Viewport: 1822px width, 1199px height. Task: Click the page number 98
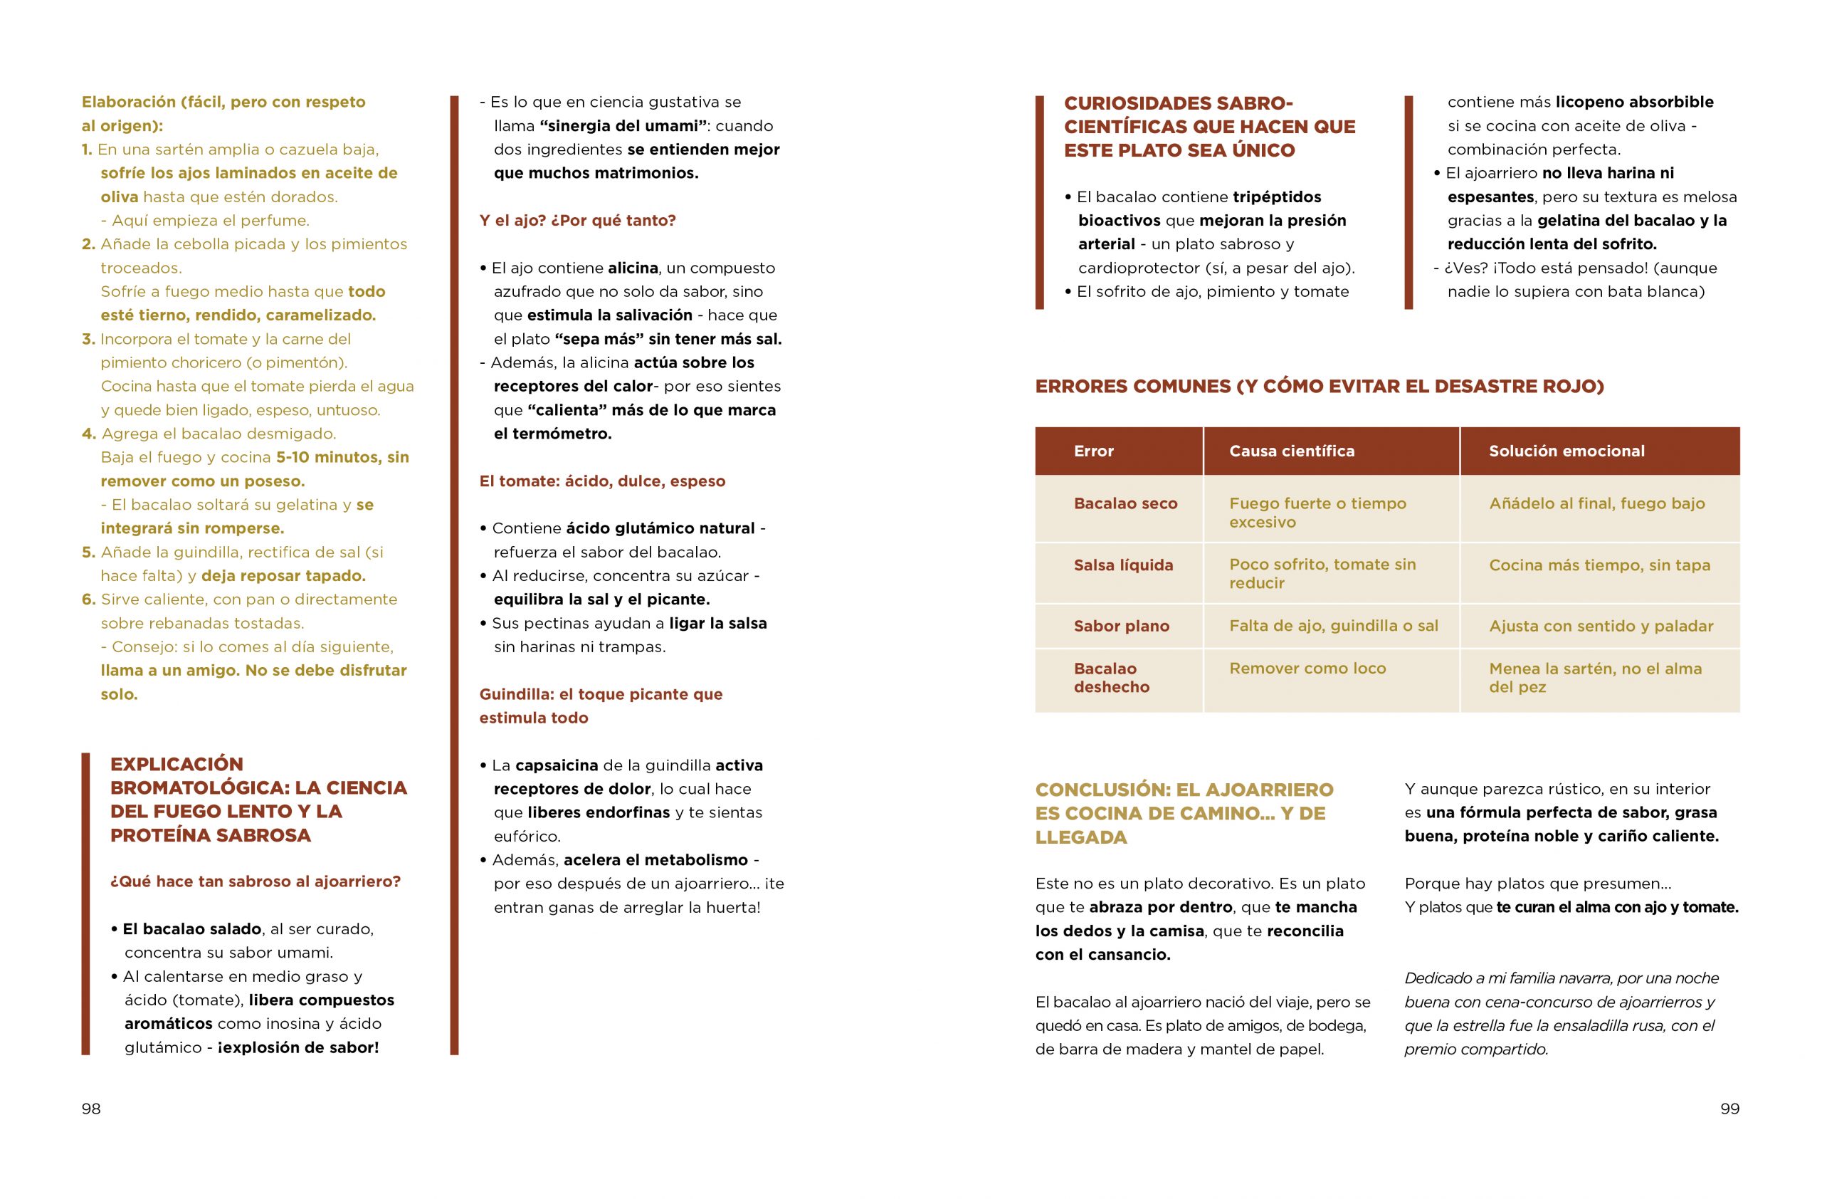coord(91,1109)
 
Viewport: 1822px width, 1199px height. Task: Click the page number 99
coord(1729,1109)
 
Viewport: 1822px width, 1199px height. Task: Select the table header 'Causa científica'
coord(1292,451)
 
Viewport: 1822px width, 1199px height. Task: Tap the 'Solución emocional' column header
coord(1566,451)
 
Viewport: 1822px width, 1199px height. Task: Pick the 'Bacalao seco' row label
coord(1125,504)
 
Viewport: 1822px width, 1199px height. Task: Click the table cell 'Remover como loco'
coord(1307,669)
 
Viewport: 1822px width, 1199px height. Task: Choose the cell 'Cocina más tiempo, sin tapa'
coord(1599,565)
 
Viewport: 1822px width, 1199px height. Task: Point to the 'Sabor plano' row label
coord(1122,627)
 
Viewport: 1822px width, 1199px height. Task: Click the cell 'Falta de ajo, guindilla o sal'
coord(1334,626)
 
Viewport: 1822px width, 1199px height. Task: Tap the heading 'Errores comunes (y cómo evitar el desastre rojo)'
coord(1319,386)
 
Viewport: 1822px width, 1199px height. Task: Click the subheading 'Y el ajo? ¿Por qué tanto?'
coord(577,221)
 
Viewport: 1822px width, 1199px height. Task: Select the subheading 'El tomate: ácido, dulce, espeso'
coord(601,481)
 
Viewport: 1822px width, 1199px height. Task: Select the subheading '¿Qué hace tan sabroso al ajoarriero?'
coord(255,881)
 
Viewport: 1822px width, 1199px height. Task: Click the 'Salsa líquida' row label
coord(1123,565)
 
